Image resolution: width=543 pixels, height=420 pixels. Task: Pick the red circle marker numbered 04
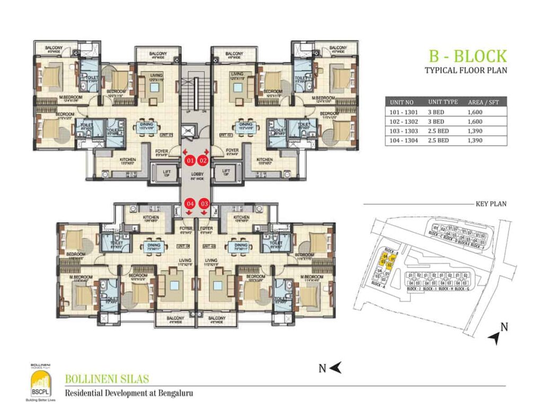point(189,203)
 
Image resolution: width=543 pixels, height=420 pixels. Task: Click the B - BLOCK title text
point(467,56)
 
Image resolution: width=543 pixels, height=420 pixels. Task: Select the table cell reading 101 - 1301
point(405,112)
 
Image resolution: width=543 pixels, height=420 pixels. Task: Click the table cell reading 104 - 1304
point(405,141)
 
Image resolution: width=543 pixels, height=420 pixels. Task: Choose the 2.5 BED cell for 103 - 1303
point(439,131)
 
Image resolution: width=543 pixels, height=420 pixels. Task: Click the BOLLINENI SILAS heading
point(107,379)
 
